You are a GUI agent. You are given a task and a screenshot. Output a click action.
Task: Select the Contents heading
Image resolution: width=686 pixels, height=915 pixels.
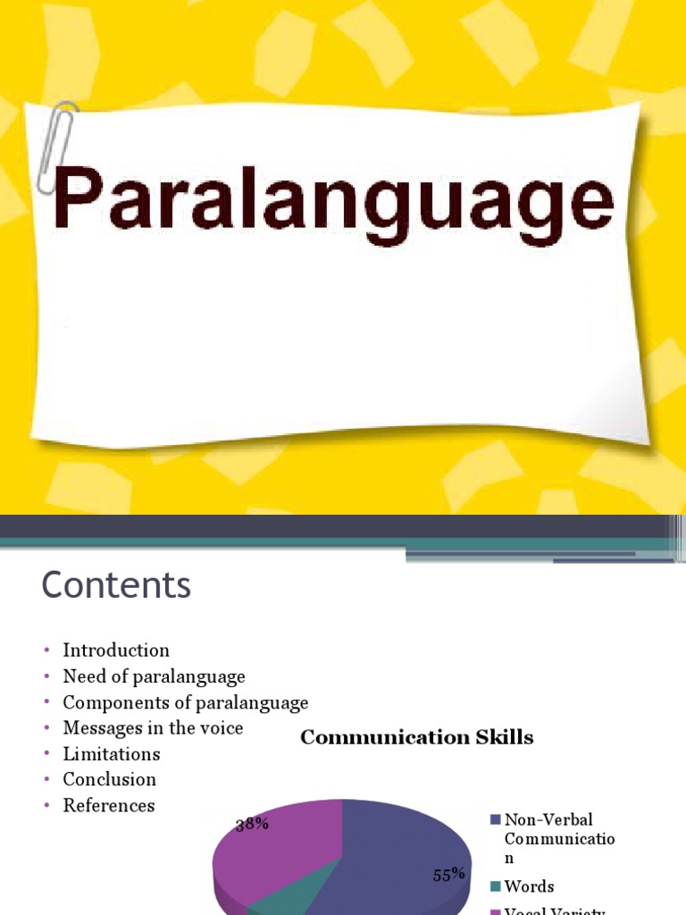[116, 586]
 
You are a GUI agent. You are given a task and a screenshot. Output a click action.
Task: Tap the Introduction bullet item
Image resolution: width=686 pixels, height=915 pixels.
[116, 651]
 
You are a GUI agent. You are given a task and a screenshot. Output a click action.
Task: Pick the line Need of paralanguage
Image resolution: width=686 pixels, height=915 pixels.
[154, 676]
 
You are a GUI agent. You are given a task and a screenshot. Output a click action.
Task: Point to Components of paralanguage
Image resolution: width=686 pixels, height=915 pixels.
[186, 702]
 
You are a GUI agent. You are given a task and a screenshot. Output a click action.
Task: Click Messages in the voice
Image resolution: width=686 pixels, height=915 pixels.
[153, 728]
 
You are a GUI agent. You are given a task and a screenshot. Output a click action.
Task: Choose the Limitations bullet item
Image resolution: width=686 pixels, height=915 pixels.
[112, 754]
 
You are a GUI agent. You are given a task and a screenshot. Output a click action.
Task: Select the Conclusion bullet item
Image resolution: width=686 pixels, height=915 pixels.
[109, 779]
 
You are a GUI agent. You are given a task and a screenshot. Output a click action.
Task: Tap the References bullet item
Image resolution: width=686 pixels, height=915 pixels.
[108, 805]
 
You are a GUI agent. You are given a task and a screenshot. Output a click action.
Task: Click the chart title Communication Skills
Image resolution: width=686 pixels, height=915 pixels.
[416, 737]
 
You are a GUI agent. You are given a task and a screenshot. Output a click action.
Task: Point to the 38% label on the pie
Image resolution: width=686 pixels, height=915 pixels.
[253, 824]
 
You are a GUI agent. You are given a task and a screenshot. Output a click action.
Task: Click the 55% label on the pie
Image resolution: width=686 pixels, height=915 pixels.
[449, 875]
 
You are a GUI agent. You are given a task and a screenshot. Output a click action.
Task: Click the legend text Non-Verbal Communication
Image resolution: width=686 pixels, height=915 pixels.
[559, 838]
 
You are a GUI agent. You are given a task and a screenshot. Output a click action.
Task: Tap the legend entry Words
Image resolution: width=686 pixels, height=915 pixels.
[529, 886]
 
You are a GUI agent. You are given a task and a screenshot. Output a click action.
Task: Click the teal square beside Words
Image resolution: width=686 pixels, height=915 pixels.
[496, 887]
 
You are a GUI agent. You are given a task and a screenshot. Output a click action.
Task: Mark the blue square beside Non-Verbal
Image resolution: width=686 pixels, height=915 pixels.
[496, 819]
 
